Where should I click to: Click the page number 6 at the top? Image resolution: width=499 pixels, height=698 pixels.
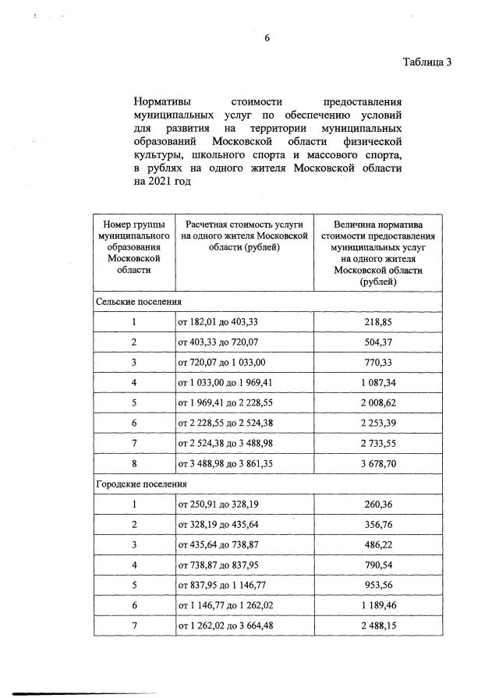tap(266, 36)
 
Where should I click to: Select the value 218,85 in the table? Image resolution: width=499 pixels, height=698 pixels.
tap(378, 321)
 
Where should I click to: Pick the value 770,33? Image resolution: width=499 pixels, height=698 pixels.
tap(378, 362)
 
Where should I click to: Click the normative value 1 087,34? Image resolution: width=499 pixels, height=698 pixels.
tap(378, 382)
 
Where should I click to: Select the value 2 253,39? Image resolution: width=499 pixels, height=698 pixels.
tap(378, 423)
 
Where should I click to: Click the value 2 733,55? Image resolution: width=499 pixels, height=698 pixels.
tap(378, 443)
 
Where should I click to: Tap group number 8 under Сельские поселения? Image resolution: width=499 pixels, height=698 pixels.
tap(133, 463)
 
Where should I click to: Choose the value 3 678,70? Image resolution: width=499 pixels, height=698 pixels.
tap(378, 463)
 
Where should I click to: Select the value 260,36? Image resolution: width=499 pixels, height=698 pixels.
tap(378, 504)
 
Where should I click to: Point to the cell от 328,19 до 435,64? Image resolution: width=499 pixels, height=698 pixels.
tap(217, 524)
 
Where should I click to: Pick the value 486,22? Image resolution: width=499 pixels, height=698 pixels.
tap(378, 544)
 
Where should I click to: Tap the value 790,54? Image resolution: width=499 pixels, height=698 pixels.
tap(378, 565)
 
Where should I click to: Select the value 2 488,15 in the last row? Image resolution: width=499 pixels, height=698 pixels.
tap(378, 625)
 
